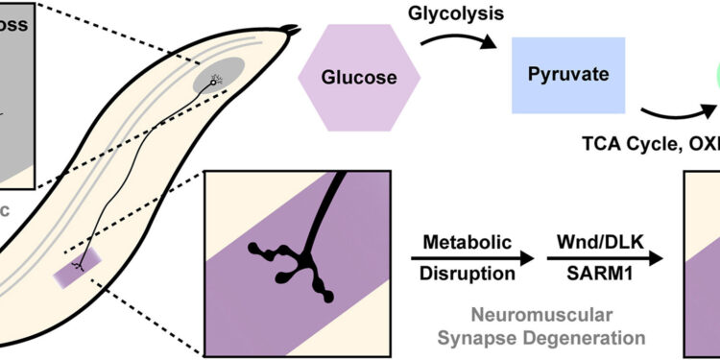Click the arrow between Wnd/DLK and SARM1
[x=602, y=257]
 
